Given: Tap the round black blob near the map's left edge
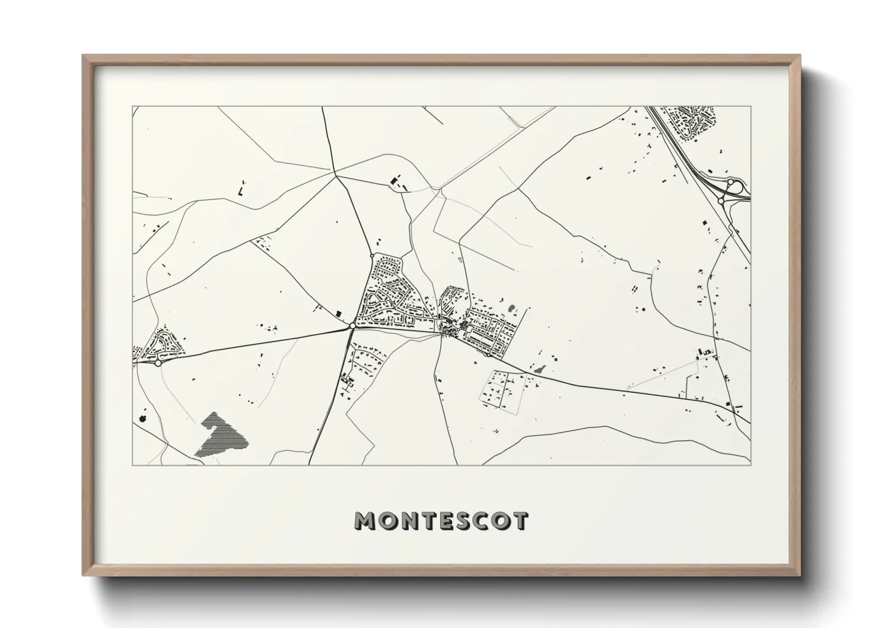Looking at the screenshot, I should (x=142, y=418).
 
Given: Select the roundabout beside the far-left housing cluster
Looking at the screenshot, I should (x=158, y=363).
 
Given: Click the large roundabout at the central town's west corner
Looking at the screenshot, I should (x=352, y=325).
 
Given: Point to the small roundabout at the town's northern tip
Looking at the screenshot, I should (x=372, y=256).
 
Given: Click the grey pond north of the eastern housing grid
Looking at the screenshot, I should (x=511, y=309).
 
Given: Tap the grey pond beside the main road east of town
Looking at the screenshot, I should (x=539, y=369).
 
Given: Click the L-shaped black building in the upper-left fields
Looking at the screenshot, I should (x=241, y=191).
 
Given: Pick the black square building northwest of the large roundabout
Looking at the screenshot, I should (x=339, y=313).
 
